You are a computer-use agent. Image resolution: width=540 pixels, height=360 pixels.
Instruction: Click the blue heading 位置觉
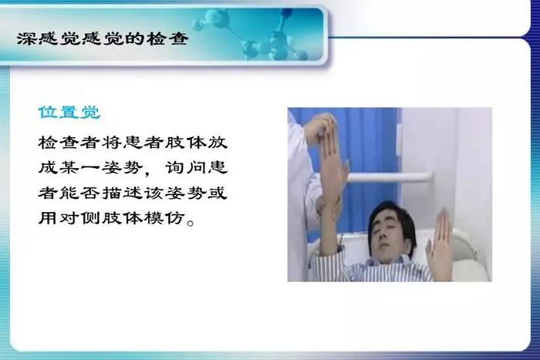[69, 113]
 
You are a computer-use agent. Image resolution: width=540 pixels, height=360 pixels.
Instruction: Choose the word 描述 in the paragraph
[122, 193]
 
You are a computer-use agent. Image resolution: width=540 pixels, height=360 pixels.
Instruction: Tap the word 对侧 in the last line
[80, 218]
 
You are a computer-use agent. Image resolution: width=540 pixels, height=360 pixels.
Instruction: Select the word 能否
[80, 193]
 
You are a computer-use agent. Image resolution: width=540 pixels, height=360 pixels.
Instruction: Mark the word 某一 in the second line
[80, 167]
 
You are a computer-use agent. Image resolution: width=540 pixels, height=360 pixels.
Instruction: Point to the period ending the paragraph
[190, 223]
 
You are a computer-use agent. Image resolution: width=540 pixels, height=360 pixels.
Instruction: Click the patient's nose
[381, 238]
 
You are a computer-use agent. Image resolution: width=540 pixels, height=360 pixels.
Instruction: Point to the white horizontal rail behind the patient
[389, 177]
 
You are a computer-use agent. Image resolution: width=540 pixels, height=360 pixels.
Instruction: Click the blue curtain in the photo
[365, 145]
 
